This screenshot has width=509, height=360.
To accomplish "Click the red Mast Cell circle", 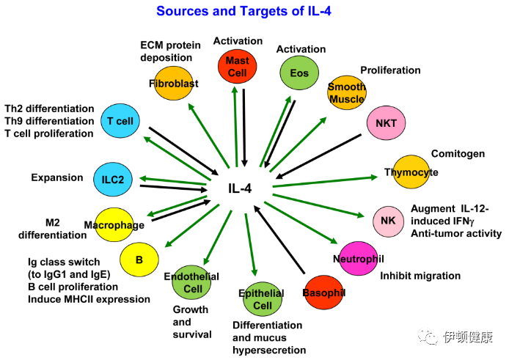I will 238,65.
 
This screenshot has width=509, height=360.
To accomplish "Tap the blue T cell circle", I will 120,121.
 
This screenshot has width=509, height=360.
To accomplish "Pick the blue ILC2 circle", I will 112,179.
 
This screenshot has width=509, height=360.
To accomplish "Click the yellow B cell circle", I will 139,259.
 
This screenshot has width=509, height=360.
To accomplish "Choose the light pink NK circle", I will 388,219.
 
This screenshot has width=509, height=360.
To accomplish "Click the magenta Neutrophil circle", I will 359,258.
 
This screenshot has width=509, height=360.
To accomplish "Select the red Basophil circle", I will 323,293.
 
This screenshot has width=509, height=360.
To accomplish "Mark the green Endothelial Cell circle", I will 192,283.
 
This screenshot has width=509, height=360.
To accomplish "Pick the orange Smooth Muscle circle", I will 346,93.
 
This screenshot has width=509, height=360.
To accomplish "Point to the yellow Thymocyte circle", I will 411,172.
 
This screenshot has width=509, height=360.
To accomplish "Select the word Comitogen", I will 458,154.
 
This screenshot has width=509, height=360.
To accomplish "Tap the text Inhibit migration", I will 420,276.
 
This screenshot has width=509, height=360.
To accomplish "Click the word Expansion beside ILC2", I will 57,177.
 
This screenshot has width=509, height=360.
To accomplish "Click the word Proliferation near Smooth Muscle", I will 390,70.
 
